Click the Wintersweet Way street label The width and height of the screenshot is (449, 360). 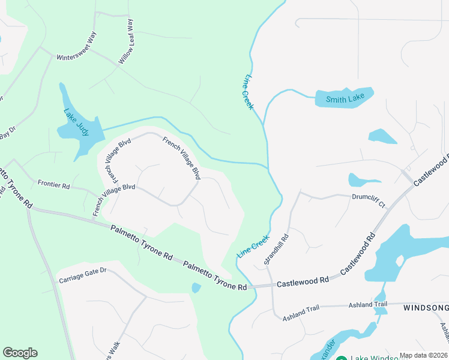click(x=76, y=47)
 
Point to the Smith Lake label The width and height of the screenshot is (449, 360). click(x=345, y=99)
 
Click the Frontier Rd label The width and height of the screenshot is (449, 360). click(x=53, y=184)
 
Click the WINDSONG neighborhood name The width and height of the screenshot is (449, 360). click(x=426, y=308)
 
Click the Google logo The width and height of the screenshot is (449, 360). click(x=20, y=353)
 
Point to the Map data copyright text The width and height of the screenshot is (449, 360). click(x=424, y=355)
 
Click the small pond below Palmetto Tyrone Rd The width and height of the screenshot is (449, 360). click(x=196, y=288)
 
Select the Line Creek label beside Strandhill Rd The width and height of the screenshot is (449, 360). click(x=253, y=246)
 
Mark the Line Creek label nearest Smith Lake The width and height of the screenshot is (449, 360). click(x=249, y=92)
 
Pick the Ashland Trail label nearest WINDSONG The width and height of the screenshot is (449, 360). click(x=368, y=305)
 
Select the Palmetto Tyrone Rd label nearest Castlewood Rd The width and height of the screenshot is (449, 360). click(x=215, y=275)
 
